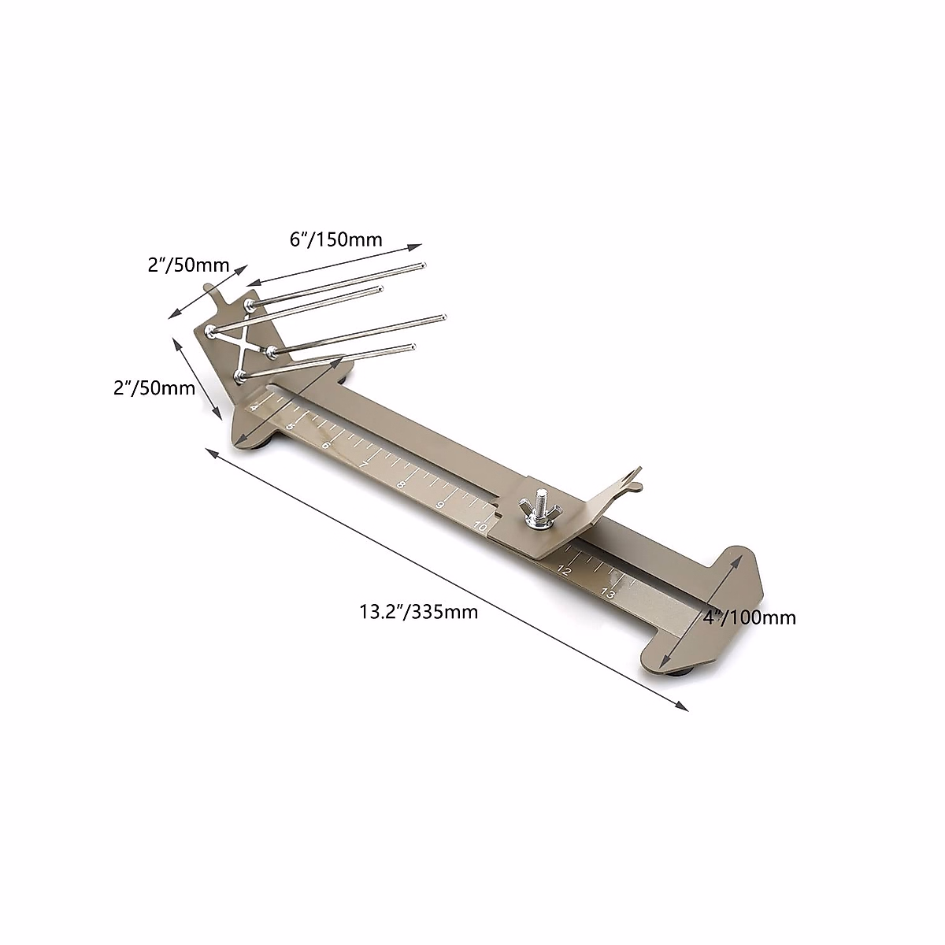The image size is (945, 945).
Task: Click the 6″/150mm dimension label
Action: coord(336,240)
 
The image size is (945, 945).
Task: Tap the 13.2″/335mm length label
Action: coord(419,612)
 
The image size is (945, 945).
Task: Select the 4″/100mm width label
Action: coord(750,617)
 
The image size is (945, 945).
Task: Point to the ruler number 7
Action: coord(363,465)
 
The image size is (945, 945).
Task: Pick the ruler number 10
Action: coord(480,527)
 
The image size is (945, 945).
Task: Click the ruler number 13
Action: coord(607,594)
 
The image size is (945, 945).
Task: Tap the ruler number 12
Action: coord(565,571)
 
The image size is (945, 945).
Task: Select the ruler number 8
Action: coord(401,485)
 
